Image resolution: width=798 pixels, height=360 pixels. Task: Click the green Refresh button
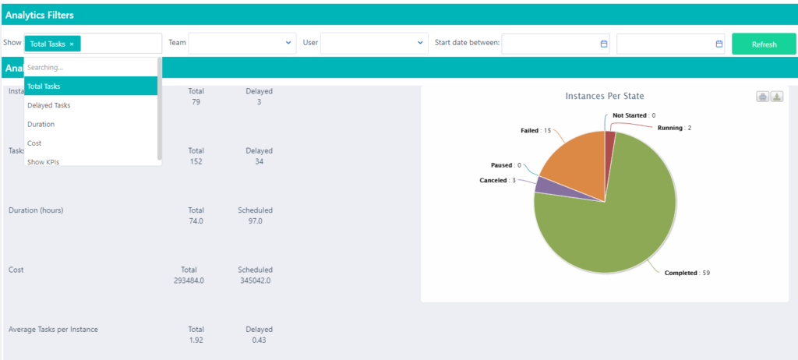[764, 44]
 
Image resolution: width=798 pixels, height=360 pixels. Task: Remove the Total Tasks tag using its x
[72, 44]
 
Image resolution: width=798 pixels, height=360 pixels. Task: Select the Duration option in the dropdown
[41, 124]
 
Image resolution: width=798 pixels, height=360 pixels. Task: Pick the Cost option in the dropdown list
[34, 143]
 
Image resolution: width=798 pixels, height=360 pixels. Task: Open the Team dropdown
[242, 43]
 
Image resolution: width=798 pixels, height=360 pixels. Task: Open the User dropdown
[374, 43]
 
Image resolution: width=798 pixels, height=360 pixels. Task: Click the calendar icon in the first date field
[603, 44]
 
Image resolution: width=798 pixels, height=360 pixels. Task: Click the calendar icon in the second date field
[719, 44]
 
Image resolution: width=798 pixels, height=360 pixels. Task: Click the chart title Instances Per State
[605, 96]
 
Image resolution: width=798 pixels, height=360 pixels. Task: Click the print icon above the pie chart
[763, 97]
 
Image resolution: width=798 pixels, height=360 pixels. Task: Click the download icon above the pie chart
[777, 97]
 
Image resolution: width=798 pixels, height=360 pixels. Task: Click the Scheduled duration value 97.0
[255, 221]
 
